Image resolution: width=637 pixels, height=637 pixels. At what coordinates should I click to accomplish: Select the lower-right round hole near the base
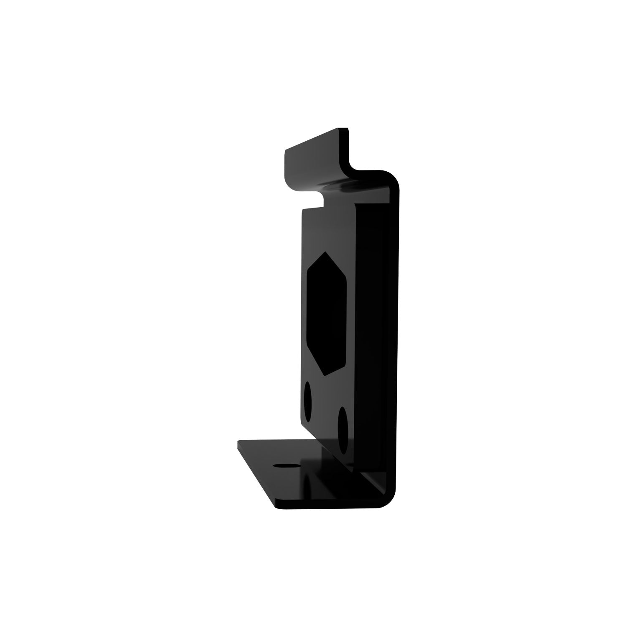point(343,430)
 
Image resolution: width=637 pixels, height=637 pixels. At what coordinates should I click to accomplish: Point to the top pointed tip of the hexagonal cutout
point(325,253)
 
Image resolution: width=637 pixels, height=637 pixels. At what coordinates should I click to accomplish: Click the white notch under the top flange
point(313,200)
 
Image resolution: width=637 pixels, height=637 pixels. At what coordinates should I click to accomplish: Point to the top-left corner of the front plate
point(302,211)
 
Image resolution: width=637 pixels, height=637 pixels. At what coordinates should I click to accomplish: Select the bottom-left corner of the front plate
point(302,439)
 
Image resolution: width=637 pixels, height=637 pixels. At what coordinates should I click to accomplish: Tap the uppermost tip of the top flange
point(345,128)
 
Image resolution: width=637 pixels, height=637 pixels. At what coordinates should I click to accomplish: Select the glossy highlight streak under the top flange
point(347,184)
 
